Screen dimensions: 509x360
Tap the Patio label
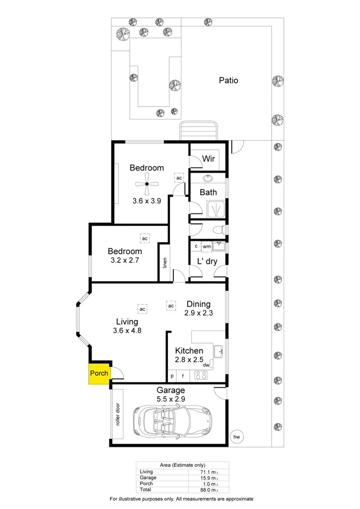(x=228, y=80)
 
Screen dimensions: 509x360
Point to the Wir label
(x=208, y=158)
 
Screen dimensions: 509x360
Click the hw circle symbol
(x=236, y=437)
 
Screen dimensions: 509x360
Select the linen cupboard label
(x=165, y=263)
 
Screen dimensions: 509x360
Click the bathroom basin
(x=209, y=178)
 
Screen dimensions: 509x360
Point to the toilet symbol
(x=219, y=230)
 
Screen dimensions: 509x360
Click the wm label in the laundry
(x=207, y=247)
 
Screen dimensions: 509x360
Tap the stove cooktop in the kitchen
(x=200, y=376)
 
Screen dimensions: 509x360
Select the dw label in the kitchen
(x=206, y=365)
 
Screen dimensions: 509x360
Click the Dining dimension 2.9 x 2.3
(x=198, y=313)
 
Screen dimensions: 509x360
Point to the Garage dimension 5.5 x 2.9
(x=170, y=399)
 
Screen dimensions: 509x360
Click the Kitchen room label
(x=189, y=351)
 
